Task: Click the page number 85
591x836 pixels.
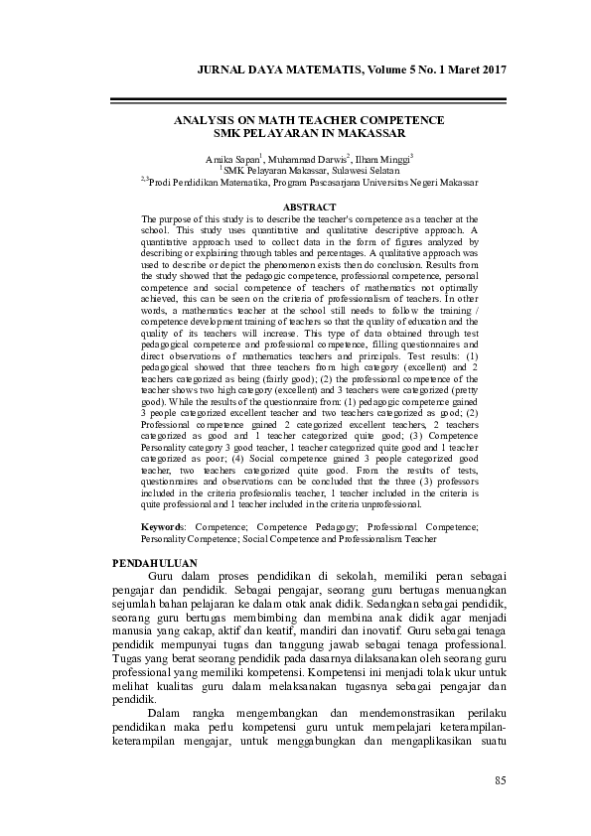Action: [500, 779]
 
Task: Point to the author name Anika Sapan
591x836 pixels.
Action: [231, 159]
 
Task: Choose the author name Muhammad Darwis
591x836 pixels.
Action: [303, 159]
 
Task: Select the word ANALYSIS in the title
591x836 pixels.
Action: [206, 119]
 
